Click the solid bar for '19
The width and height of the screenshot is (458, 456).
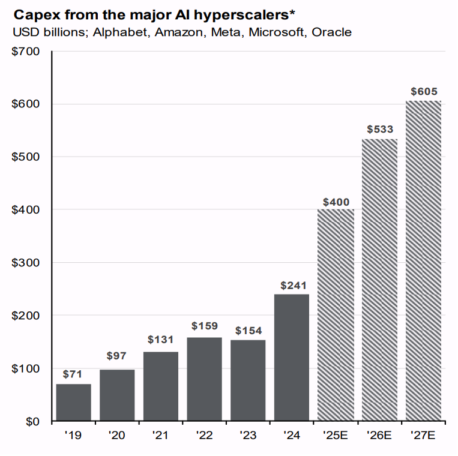point(73,402)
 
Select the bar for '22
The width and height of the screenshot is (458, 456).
point(204,379)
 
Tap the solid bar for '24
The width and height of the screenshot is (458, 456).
point(292,357)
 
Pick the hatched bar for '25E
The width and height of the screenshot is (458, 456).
point(335,315)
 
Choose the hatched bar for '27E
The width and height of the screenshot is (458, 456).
point(423,261)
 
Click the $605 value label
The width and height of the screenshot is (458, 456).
point(424,92)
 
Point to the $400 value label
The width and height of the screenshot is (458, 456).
point(336,202)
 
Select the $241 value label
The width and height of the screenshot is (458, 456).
point(292,286)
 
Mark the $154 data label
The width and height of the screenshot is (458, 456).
point(248,331)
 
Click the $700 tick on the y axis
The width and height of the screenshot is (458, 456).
point(26,52)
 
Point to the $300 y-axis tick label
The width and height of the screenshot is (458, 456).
point(26,263)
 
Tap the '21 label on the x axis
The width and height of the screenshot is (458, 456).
point(160,435)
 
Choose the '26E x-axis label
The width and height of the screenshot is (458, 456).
point(379,435)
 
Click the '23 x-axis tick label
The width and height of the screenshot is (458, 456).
point(248,435)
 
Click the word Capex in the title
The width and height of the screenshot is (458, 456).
point(35,14)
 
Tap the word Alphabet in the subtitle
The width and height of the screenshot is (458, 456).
point(125,32)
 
